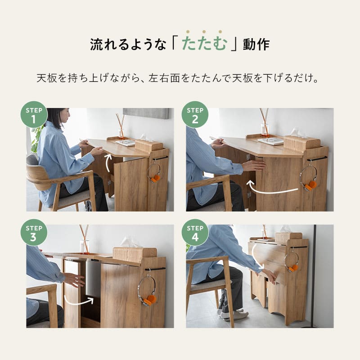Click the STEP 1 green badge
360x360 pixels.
(34, 115)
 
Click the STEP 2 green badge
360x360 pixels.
(195, 115)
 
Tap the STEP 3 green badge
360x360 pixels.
(34, 233)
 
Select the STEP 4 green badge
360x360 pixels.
(195, 233)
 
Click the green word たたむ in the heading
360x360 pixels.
(204, 45)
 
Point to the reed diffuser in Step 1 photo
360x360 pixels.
(121, 126)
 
